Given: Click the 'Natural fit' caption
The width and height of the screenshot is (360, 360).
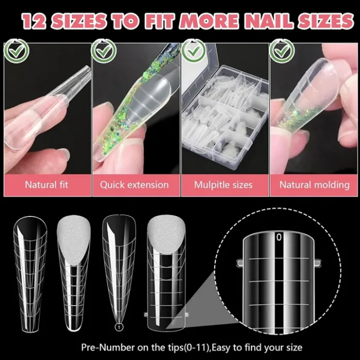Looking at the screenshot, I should tap(47, 184).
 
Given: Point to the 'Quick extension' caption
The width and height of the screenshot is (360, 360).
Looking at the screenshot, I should tap(134, 184).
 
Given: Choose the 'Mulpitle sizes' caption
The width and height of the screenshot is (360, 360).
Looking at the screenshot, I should tap(224, 184).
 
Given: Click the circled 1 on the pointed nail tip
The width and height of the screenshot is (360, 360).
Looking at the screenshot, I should tap(118, 326).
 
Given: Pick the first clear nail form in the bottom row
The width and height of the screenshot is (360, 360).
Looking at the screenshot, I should tap(30, 267).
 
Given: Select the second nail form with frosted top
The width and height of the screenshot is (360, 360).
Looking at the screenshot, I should tap(74, 267).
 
